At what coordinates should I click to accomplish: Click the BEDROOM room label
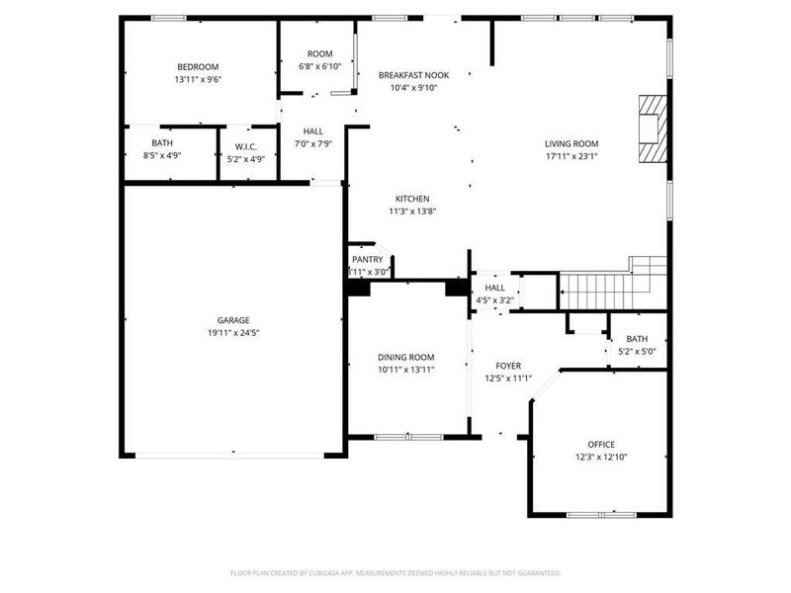(x=197, y=67)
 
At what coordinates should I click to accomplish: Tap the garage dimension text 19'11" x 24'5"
(x=233, y=333)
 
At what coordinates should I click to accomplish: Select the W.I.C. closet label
(x=246, y=146)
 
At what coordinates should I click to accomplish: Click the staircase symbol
(x=603, y=287)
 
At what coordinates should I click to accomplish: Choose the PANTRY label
(x=367, y=259)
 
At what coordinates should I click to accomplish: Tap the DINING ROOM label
(x=406, y=357)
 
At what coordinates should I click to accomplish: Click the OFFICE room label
(x=601, y=445)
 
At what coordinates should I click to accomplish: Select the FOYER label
(x=508, y=366)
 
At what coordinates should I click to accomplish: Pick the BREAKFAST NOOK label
(x=413, y=75)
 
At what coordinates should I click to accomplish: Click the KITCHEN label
(x=412, y=199)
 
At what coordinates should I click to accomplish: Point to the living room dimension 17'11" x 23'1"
(x=571, y=155)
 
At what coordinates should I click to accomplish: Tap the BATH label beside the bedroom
(x=162, y=143)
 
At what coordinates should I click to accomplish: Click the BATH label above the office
(x=637, y=339)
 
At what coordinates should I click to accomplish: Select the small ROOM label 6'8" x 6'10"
(x=319, y=53)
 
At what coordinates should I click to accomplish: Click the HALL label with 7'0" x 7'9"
(x=313, y=131)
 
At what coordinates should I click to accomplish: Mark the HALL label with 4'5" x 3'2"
(x=494, y=288)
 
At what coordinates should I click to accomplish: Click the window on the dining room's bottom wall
(x=408, y=436)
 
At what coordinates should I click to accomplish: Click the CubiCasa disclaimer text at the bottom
(x=395, y=572)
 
